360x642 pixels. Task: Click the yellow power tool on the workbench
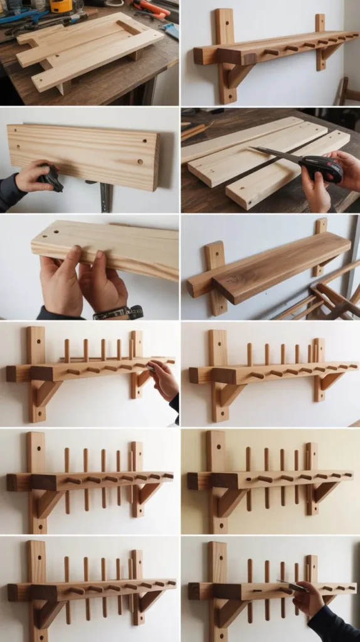coord(61,6)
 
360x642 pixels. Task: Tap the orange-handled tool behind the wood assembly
coord(151,9)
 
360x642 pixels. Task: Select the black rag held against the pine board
coord(50,179)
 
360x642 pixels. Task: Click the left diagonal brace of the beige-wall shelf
coord(230,501)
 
